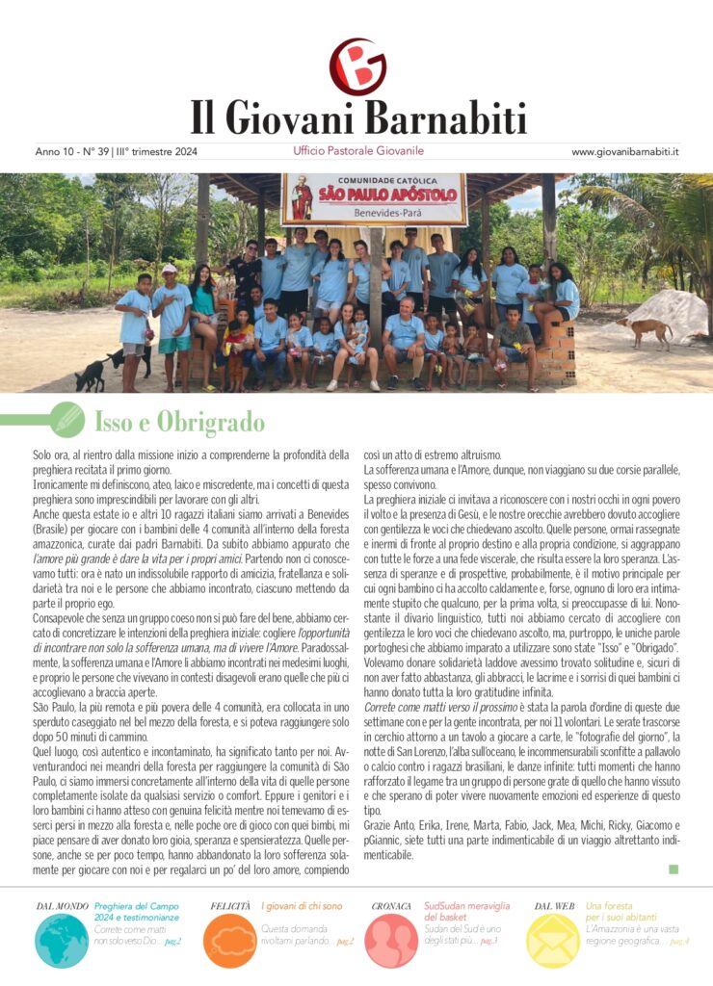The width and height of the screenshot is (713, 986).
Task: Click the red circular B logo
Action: (x=357, y=65)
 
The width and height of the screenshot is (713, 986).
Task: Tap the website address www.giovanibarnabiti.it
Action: (x=625, y=152)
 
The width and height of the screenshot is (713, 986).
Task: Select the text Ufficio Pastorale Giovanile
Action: (x=357, y=151)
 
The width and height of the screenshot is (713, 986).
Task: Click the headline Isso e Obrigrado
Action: (x=179, y=422)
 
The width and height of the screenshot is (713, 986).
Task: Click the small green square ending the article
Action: (x=673, y=869)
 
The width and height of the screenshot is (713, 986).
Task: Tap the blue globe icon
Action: (x=62, y=940)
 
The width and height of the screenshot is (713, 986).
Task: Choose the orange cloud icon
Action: (x=229, y=940)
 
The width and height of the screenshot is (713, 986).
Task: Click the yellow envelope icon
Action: (x=553, y=940)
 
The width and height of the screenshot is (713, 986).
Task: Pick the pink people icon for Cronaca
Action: (x=391, y=940)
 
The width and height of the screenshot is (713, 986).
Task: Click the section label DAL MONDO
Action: (x=63, y=906)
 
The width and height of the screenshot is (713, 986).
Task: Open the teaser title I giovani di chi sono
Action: (x=302, y=906)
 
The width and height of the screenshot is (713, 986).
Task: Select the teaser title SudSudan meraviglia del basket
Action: (x=466, y=912)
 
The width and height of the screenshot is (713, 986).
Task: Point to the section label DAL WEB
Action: (x=554, y=906)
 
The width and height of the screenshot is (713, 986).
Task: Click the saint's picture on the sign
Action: (x=303, y=198)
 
